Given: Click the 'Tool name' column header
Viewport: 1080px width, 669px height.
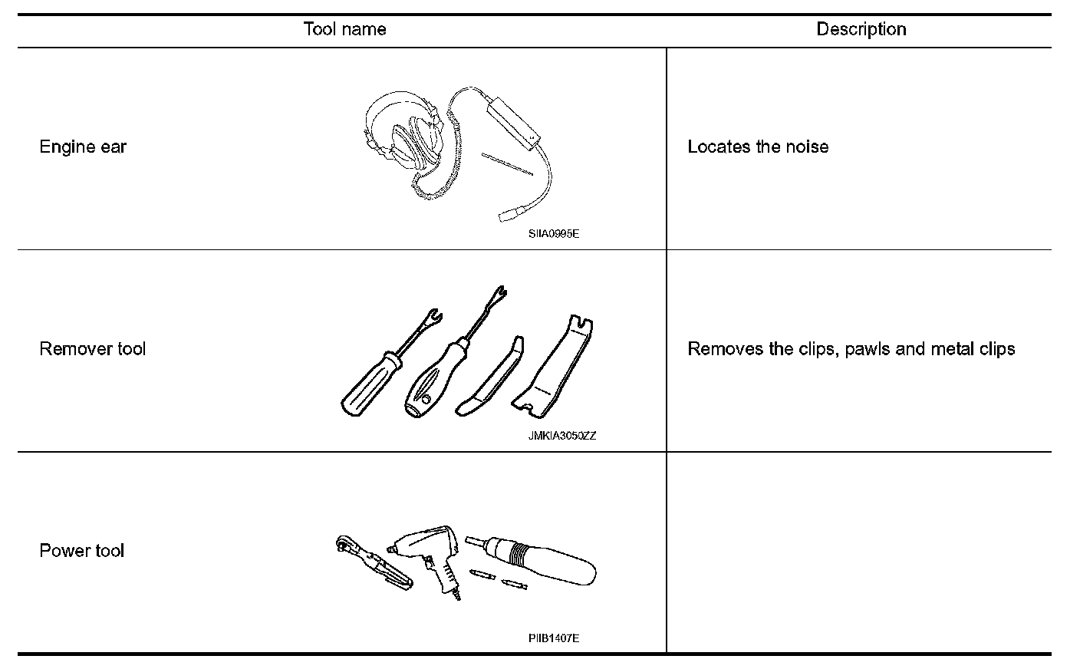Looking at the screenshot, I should pos(344,30).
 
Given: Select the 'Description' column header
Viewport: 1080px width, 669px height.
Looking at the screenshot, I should pos(861,30).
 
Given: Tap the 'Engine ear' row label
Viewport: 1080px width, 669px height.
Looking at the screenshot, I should pos(83,147).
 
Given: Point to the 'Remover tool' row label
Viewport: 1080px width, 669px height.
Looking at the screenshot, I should pos(92,349).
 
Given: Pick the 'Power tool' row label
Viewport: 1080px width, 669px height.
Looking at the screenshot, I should pos(81,551).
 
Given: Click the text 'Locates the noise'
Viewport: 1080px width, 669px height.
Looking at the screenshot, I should pos(758,147).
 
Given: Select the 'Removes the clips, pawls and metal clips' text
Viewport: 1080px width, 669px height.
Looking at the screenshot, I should pos(851,349).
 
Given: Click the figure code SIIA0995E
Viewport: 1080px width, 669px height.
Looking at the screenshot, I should pos(553,233).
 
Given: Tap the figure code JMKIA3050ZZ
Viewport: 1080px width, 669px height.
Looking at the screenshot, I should pos(561,436).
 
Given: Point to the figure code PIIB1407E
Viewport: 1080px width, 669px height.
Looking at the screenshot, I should pos(553,638).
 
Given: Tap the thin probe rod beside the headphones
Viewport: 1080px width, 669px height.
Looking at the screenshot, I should pos(507,163).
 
